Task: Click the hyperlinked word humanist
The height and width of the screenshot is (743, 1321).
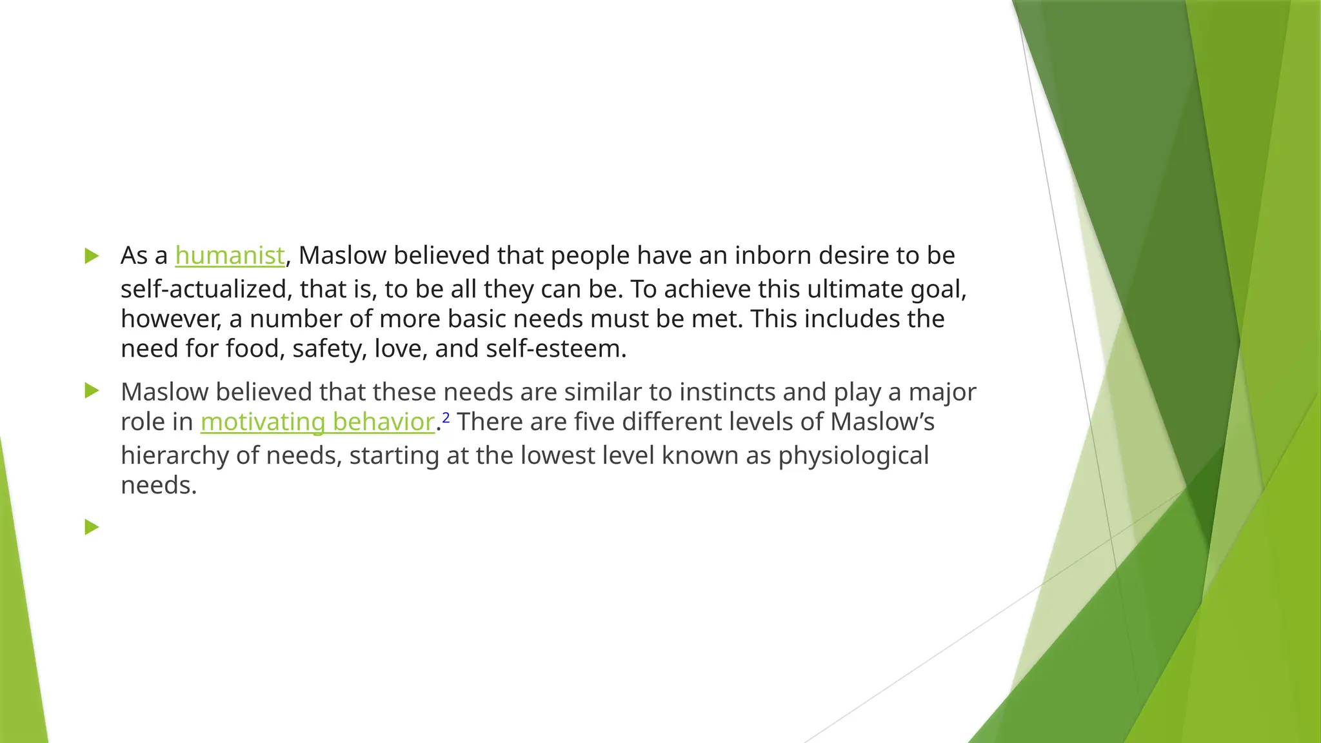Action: (x=230, y=256)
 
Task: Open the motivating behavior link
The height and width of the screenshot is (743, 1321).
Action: (x=317, y=422)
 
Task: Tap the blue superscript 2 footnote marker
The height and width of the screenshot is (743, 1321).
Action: (x=446, y=418)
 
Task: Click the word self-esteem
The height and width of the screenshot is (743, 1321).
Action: (x=556, y=349)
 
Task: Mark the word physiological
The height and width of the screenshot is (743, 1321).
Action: (x=853, y=456)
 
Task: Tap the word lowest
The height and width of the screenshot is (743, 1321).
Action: (x=550, y=456)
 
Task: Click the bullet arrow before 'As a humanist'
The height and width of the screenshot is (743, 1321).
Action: (x=92, y=256)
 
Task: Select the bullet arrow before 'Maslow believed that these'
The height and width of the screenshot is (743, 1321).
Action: (x=92, y=391)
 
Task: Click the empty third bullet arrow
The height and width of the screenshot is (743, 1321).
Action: (x=92, y=528)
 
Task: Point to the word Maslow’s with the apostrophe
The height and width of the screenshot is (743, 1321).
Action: (x=882, y=422)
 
